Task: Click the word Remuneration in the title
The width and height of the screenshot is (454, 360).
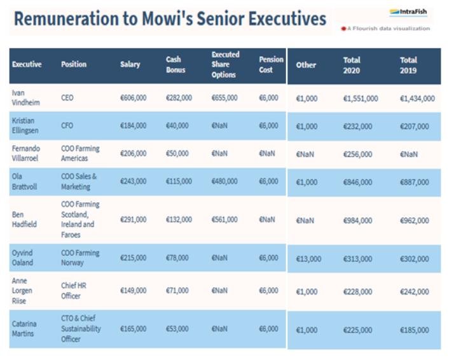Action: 62,18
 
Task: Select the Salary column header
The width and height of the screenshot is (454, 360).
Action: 130,64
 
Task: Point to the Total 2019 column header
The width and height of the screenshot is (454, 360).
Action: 408,65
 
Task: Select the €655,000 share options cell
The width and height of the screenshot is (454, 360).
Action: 224,98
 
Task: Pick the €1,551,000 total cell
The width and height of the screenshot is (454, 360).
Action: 361,99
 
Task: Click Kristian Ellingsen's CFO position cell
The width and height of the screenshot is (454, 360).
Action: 67,126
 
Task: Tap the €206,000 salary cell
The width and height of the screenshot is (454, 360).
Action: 133,153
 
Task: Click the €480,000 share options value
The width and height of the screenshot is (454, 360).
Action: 224,181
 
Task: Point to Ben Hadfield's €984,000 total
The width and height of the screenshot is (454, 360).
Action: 358,220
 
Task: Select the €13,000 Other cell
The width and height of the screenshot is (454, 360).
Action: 308,259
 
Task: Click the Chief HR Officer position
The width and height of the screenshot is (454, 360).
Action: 71,291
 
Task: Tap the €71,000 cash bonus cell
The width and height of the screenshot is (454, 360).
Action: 177,291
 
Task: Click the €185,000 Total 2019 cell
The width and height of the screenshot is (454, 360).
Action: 415,330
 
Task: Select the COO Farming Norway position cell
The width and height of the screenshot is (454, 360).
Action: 80,258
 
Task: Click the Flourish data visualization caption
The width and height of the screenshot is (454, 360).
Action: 388,29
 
